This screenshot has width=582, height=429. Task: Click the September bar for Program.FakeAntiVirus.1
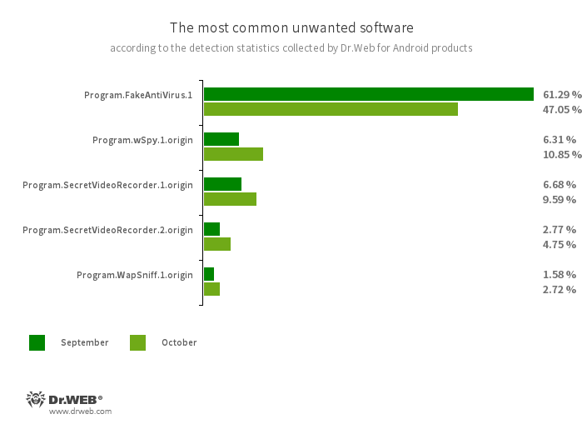tap(368, 94)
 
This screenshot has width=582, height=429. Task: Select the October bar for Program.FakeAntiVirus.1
tap(331, 109)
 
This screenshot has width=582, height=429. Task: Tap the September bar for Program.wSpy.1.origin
tap(221, 139)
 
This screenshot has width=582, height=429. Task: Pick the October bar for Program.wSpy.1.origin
tap(233, 154)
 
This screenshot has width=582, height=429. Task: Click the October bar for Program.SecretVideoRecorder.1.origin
tap(230, 199)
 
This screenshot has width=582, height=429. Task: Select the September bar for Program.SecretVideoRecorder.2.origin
tap(211, 229)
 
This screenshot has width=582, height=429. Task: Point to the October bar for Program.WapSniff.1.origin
tap(211, 289)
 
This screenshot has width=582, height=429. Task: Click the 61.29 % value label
tap(561, 94)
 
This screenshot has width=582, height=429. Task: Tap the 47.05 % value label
tap(561, 109)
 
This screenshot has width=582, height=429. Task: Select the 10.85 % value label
tap(561, 154)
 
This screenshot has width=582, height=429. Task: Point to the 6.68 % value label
tap(559, 184)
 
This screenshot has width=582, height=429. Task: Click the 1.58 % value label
tap(559, 274)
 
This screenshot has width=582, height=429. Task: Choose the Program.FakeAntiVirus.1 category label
tap(138, 95)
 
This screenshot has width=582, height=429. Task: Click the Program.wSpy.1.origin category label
tap(142, 140)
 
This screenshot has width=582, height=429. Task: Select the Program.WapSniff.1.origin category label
tap(135, 275)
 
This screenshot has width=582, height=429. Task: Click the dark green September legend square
tap(37, 342)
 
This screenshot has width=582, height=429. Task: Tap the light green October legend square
tap(137, 342)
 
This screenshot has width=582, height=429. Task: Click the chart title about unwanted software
tap(291, 28)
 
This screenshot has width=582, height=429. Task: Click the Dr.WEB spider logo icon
tap(36, 399)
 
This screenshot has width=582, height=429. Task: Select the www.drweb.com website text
tap(80, 412)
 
